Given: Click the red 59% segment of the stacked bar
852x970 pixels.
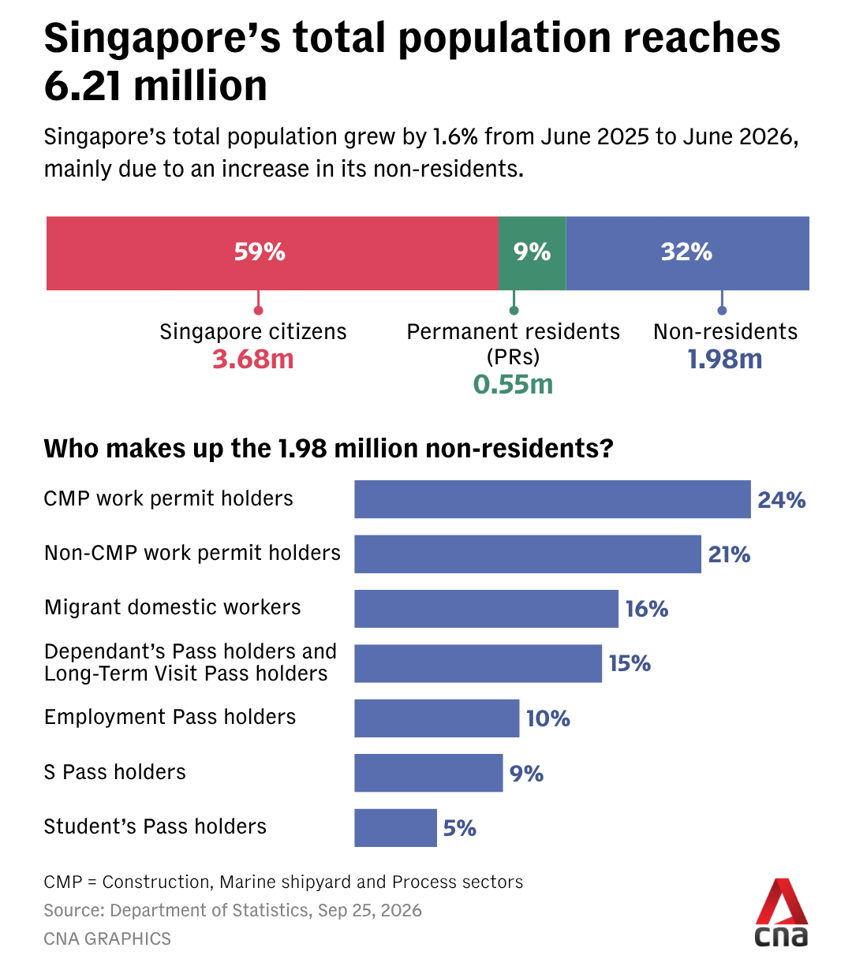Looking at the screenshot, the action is coord(272,253).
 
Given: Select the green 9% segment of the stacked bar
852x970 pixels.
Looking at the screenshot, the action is coord(532,253).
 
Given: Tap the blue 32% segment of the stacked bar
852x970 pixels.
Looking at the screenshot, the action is coord(687,253).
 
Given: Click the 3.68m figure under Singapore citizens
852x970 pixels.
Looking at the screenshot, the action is coord(253,359).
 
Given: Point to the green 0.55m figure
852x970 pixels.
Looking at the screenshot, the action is coord(513,385).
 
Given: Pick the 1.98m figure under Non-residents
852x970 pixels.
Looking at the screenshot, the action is coord(725,359).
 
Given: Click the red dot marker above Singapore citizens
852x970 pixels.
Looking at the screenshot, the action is coord(258,310).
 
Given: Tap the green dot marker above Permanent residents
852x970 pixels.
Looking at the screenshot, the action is coord(514,310).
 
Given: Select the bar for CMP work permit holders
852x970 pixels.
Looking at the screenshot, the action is coord(552,499).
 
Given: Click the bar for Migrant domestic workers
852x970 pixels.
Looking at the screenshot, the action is coord(486,609).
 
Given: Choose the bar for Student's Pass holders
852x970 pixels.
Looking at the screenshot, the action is coord(395,827).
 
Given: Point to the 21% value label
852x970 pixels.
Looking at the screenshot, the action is coord(729,554).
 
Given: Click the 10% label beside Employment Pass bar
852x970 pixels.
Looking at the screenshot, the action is coord(548,718).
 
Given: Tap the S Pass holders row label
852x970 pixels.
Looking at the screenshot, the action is coord(115,772).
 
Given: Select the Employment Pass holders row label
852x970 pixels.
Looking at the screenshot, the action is coord(170,717).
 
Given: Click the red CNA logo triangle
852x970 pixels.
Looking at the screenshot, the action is coord(782,901).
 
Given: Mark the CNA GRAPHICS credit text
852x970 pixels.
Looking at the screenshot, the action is coord(107,939).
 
